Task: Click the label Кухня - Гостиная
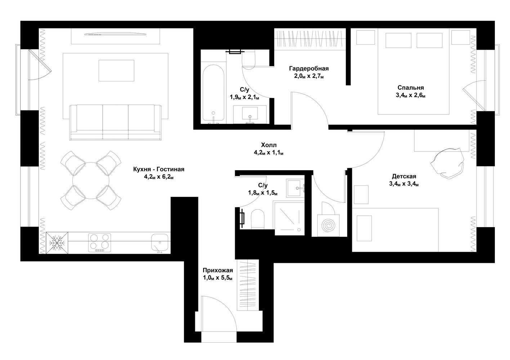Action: click(159, 169)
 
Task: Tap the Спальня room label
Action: click(411, 87)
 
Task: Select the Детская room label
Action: click(404, 176)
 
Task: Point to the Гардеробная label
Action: click(309, 68)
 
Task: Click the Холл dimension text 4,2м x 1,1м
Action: click(269, 153)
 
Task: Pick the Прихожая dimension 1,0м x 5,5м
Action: click(218, 278)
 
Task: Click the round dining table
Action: click(91, 180)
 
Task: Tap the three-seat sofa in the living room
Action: click(116, 122)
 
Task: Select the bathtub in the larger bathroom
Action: click(213, 93)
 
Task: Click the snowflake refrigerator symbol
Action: click(57, 243)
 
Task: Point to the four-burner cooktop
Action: click(99, 243)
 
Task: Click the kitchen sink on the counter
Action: click(160, 243)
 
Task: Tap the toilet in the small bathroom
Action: click(258, 219)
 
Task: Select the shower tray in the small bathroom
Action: click(290, 218)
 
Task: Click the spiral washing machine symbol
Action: click(328, 225)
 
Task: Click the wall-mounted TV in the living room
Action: click(115, 34)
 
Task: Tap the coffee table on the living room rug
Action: click(116, 71)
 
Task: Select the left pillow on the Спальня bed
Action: click(398, 41)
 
